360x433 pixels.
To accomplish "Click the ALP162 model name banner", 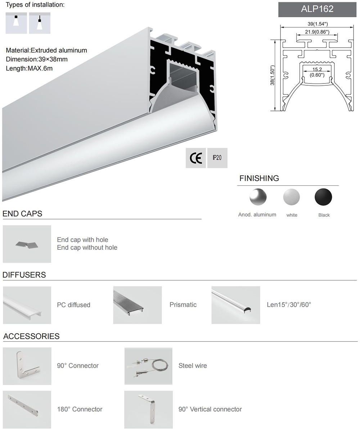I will point(317,9).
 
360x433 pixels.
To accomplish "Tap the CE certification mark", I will point(195,158).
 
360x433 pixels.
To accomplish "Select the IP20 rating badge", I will point(217,158).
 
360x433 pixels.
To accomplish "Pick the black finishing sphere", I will point(323,197).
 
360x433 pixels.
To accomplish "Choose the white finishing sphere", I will point(292,197).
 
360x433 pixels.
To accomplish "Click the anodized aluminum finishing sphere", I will point(258,197).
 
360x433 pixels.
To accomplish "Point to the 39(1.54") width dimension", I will point(317,24).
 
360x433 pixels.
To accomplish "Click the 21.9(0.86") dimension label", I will point(317,32).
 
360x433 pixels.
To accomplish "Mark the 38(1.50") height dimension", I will point(273,75).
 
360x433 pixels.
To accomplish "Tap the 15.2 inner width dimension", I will point(317,72).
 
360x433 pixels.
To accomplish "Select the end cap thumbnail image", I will point(27,244).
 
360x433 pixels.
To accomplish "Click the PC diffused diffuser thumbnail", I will point(27,305).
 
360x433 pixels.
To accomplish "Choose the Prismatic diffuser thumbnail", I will point(137,305).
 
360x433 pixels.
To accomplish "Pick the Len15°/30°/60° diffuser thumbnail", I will point(235,305).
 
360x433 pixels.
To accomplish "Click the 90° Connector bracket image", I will point(27,366).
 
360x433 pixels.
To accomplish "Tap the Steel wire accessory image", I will point(148,366).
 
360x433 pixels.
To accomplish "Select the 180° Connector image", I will point(27,409).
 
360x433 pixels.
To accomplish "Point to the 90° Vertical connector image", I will point(148,409).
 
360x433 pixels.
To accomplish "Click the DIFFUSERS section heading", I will point(24,275).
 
